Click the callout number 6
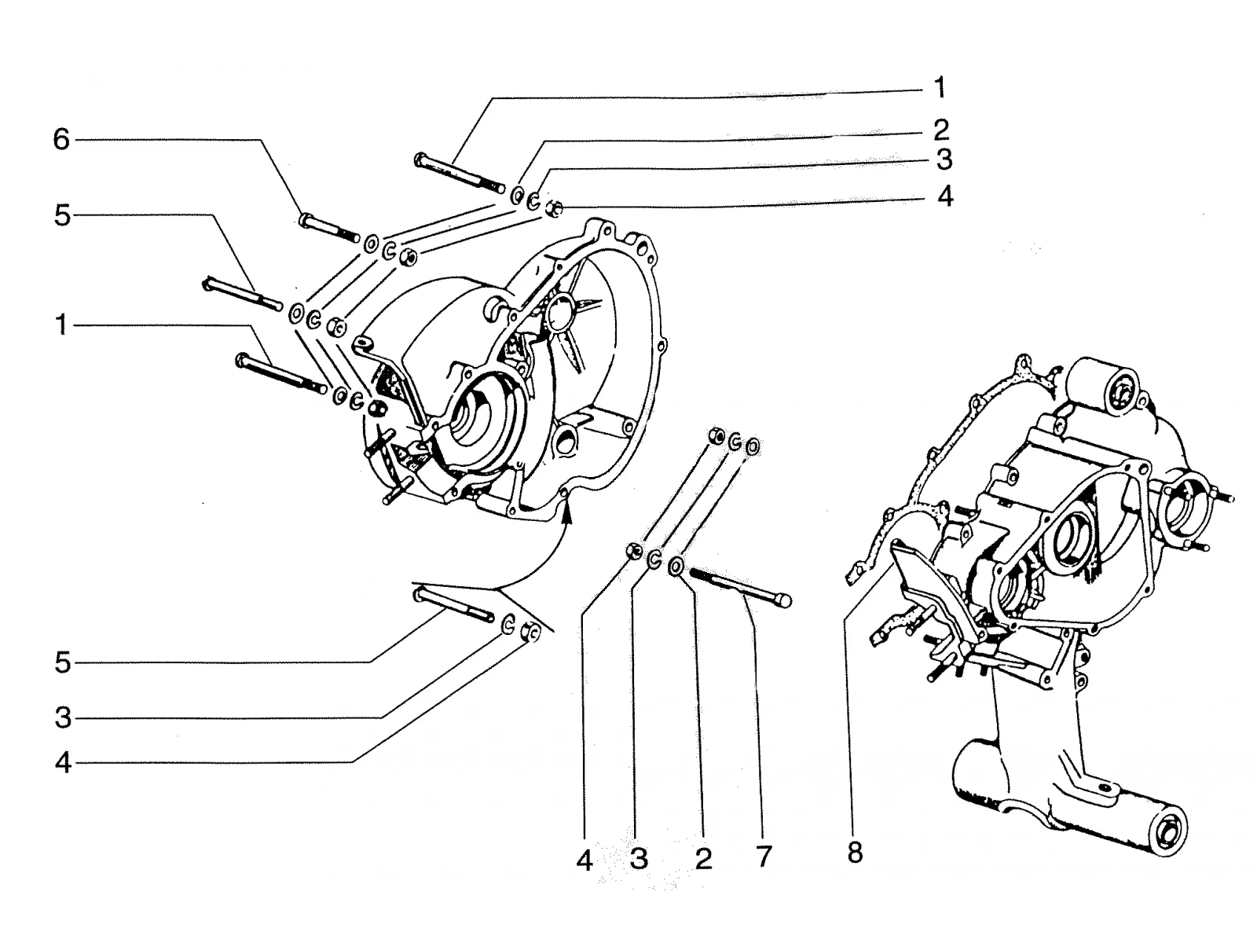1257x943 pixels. click(61, 140)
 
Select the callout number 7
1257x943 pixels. click(764, 857)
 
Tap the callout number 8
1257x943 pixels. click(855, 853)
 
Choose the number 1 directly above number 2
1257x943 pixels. click(940, 87)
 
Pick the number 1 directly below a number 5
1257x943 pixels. click(61, 325)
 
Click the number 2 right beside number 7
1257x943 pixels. click(703, 857)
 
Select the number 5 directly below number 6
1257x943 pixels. click(62, 216)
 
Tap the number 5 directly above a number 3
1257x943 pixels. click(62, 662)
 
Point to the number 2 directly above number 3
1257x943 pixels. click(941, 130)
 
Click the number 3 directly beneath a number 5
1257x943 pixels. click(63, 717)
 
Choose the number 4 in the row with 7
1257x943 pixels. click(585, 860)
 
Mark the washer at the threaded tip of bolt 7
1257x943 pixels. click(676, 567)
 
